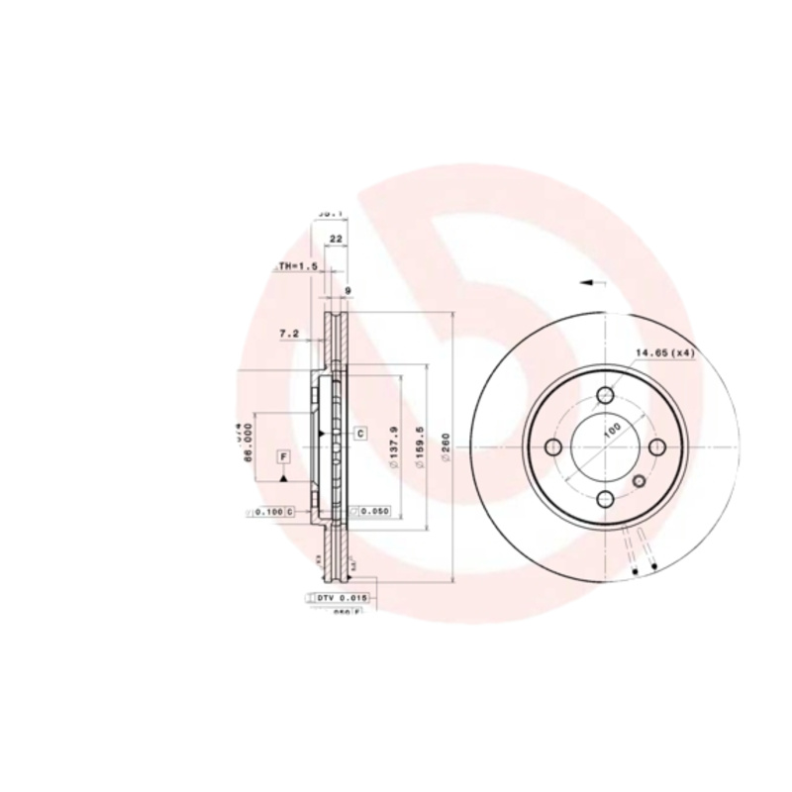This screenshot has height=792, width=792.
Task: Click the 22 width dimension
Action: [x=336, y=240]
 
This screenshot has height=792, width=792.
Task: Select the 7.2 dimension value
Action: [x=290, y=335]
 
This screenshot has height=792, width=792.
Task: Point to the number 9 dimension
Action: [x=346, y=290]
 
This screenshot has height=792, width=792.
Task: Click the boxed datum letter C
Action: [x=360, y=434]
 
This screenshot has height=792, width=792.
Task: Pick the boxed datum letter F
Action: [x=283, y=456]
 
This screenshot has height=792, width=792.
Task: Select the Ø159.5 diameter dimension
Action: [x=422, y=447]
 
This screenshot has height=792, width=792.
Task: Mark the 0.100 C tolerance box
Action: [x=270, y=512]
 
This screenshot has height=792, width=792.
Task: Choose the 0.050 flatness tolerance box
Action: [x=372, y=511]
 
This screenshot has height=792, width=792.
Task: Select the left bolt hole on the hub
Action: [x=554, y=447]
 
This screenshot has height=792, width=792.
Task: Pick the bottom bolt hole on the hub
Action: [x=605, y=499]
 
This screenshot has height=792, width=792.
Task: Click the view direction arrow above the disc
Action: [x=593, y=283]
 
